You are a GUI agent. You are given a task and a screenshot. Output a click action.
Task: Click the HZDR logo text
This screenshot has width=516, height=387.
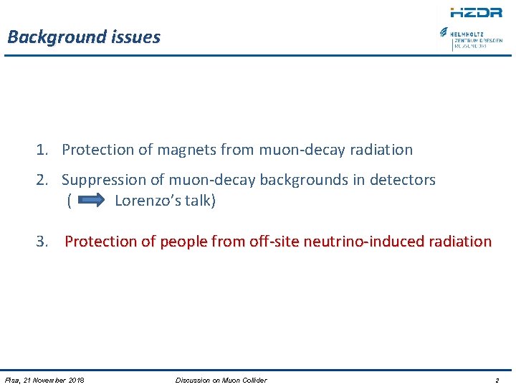[476, 12]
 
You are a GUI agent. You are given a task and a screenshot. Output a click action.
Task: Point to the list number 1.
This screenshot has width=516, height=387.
[42, 150]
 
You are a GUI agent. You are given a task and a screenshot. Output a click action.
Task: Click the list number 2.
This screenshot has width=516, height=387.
[42, 180]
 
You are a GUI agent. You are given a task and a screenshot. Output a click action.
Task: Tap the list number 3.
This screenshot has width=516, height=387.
[42, 242]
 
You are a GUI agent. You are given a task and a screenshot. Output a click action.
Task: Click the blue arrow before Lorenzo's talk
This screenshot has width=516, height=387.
[91, 201]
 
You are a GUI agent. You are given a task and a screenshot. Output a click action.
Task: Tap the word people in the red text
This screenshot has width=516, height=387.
[182, 242]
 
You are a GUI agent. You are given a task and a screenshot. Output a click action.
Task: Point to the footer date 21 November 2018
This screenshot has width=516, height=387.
[54, 380]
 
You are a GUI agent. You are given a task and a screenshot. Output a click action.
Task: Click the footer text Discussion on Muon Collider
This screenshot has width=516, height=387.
[221, 380]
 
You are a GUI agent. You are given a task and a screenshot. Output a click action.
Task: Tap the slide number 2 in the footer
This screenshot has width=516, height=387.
[497, 380]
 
